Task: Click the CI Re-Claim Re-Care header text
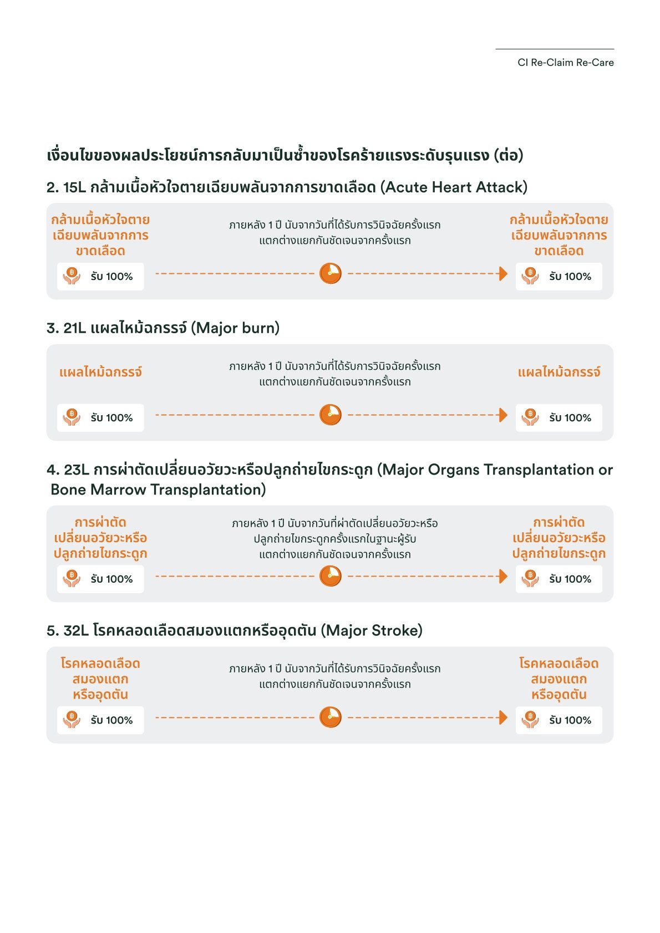(x=565, y=63)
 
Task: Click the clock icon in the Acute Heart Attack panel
(x=331, y=273)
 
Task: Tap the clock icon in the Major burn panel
(x=331, y=415)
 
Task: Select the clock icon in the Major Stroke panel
(x=331, y=717)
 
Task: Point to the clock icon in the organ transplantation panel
(x=331, y=576)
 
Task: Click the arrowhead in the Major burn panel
(x=503, y=415)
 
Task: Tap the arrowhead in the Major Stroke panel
(x=503, y=717)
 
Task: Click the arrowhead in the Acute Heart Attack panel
(x=503, y=273)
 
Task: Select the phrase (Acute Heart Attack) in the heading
(x=454, y=187)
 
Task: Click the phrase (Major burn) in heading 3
(x=235, y=328)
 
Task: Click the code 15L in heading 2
(x=74, y=187)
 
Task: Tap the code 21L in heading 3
(x=74, y=328)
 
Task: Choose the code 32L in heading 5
(x=76, y=631)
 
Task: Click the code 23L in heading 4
(x=76, y=470)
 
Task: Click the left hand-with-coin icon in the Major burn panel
(x=72, y=417)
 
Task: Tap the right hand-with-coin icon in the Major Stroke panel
(x=530, y=720)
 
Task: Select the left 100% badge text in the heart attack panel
(x=112, y=277)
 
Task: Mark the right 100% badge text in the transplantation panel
(x=570, y=579)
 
